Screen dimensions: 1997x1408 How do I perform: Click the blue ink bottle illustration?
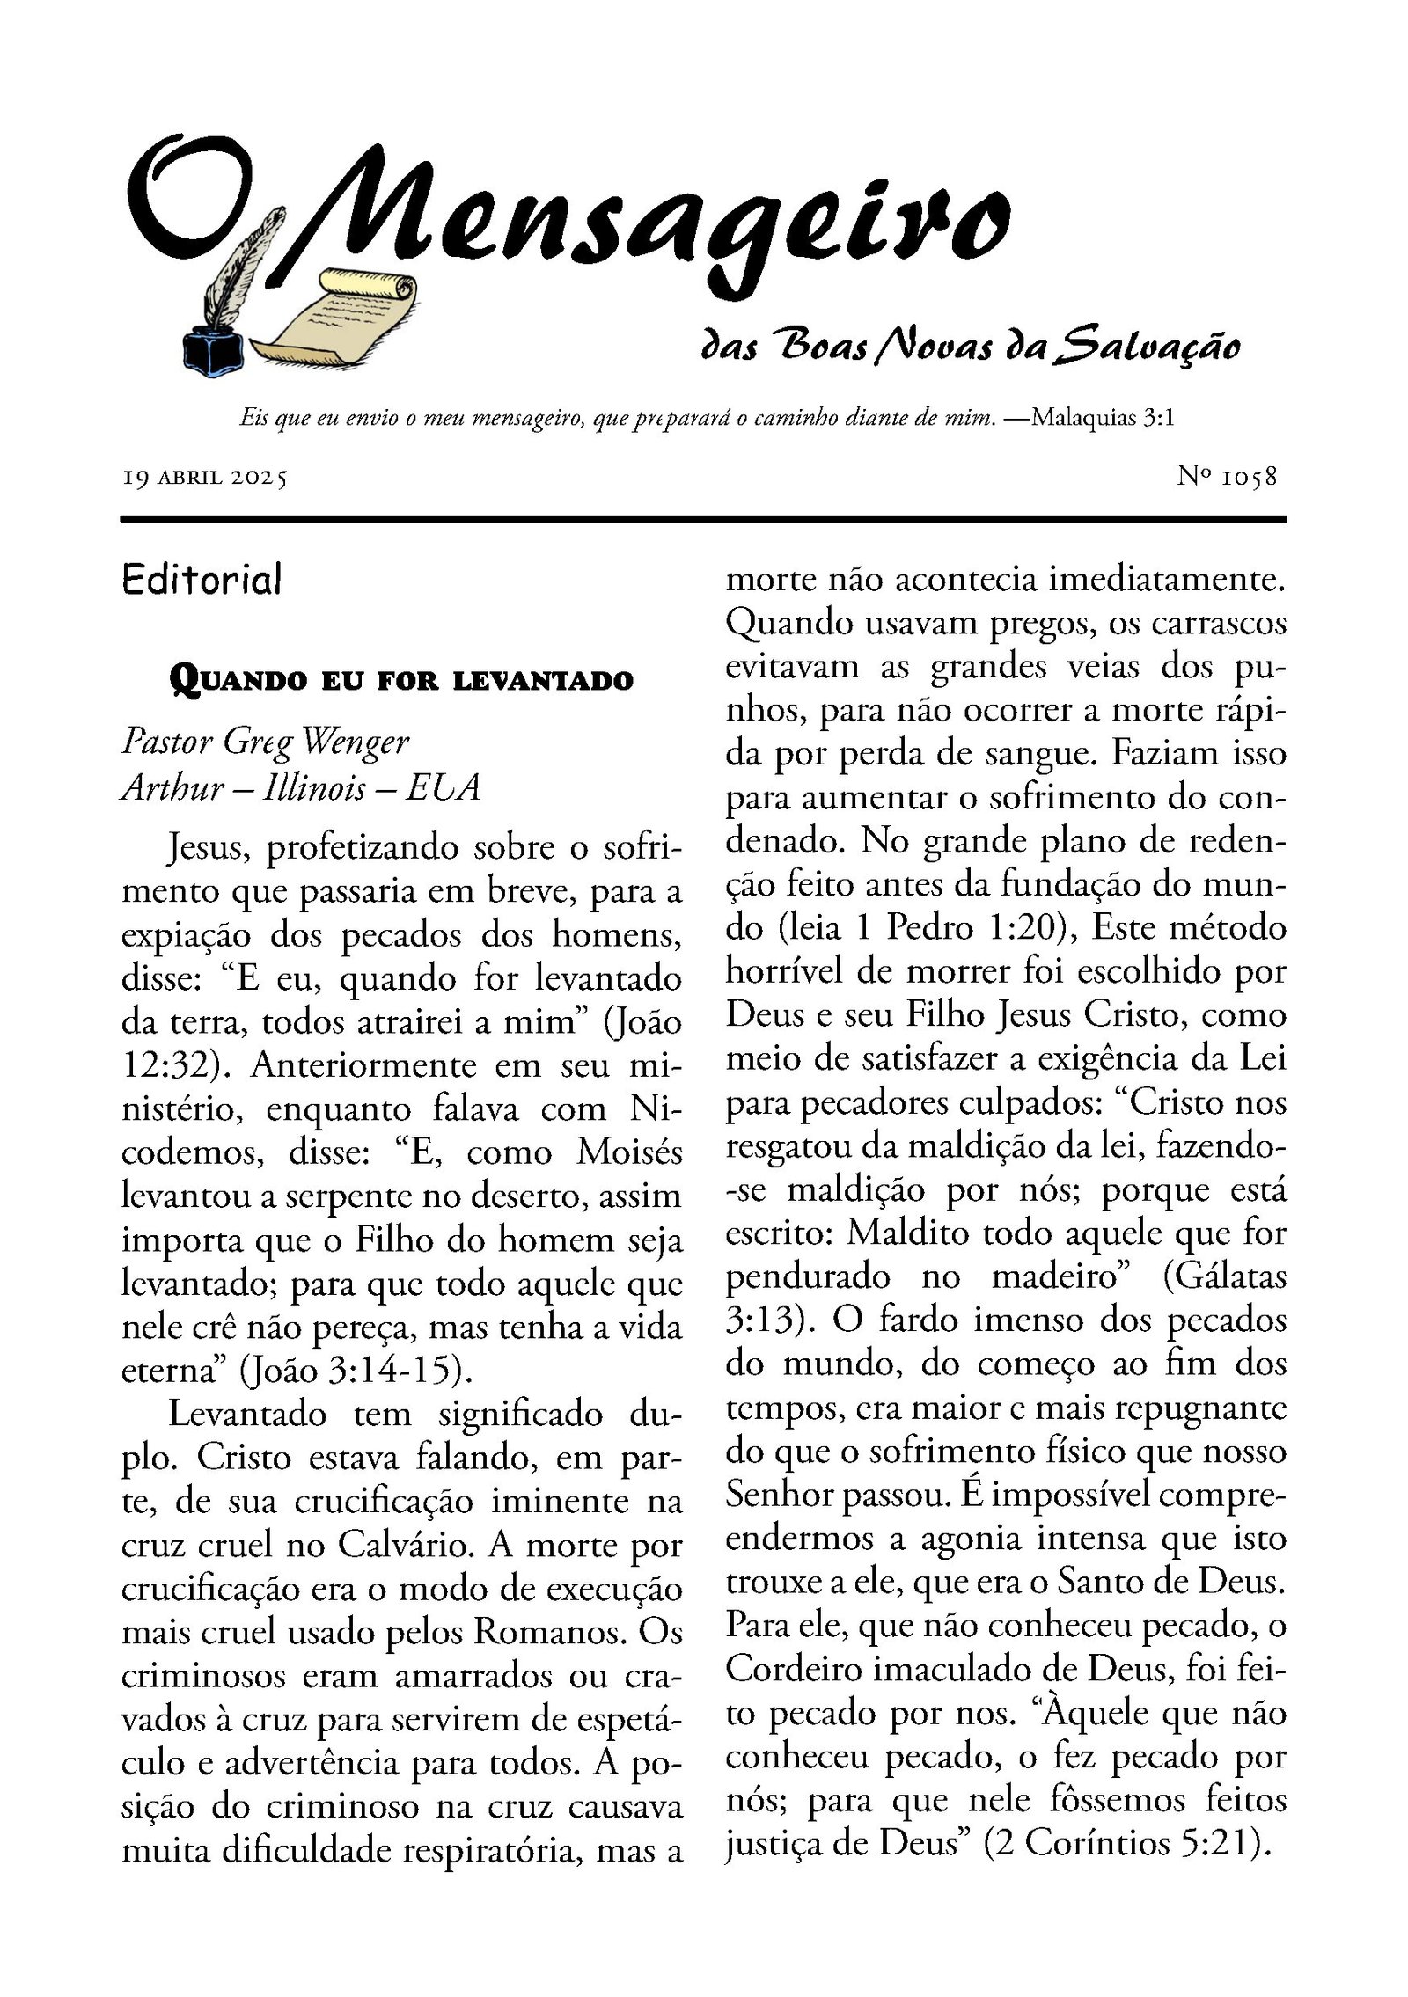213,349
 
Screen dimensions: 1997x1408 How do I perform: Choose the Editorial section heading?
202,580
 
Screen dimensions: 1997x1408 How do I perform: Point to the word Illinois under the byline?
314,786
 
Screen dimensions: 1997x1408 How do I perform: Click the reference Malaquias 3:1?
1103,417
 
